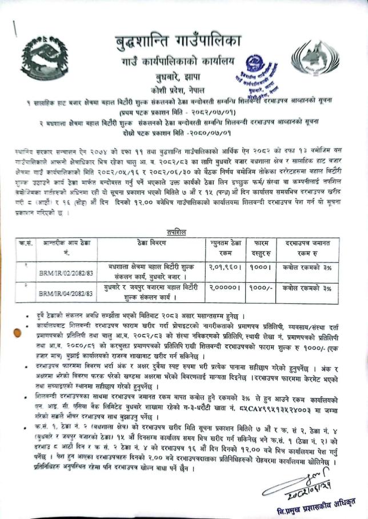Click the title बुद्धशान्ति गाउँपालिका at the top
[178, 40]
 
